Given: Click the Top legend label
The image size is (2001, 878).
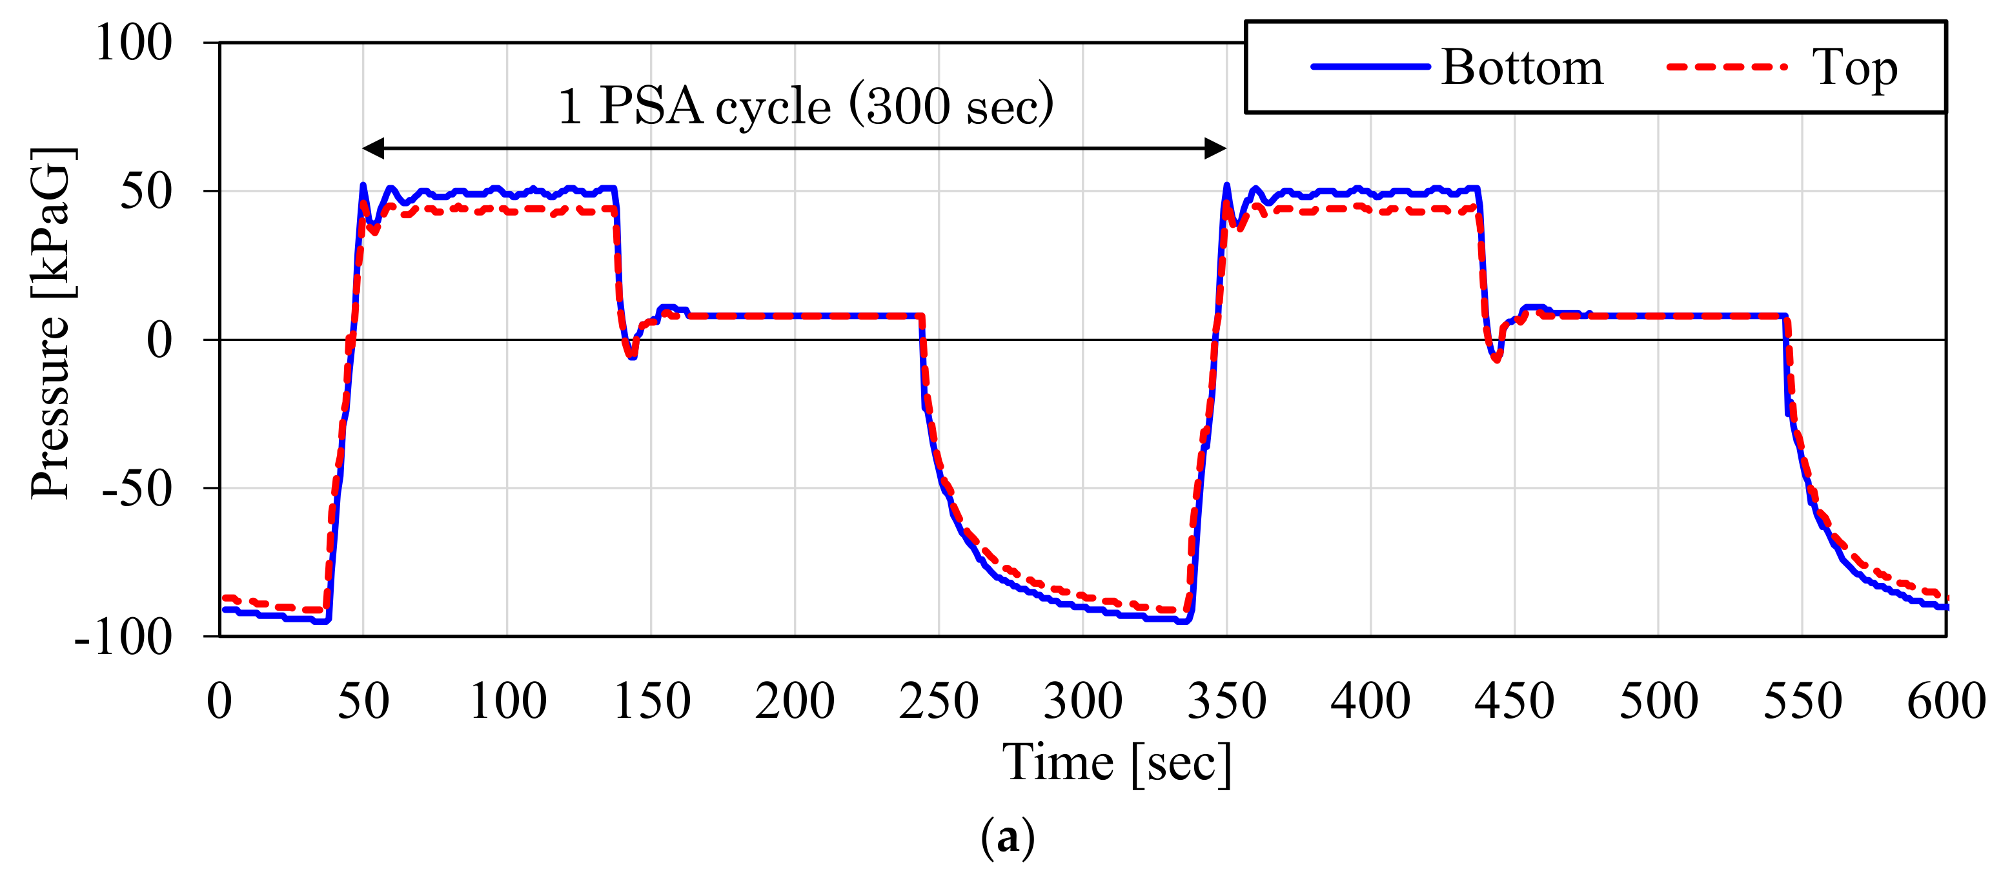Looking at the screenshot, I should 1854,67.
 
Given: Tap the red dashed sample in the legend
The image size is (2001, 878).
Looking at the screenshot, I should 1726,67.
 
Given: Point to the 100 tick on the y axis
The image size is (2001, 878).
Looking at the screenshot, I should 133,43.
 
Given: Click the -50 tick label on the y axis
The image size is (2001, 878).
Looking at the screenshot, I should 137,489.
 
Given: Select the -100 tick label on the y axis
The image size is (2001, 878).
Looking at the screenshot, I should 123,637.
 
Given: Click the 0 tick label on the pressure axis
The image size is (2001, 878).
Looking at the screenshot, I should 159,340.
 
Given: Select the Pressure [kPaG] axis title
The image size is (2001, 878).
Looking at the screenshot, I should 51,322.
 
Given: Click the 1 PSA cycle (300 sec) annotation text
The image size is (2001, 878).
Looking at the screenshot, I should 806,106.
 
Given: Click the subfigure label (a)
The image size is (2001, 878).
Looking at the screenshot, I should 1007,837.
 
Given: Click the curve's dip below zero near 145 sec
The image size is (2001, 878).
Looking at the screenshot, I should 633,356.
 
